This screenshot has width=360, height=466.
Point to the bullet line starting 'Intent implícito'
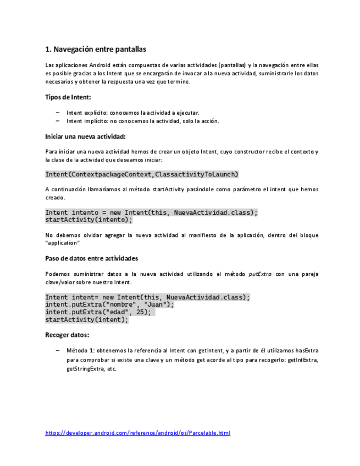[x=142, y=121]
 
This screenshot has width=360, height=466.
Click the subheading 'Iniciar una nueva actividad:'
[x=85, y=136]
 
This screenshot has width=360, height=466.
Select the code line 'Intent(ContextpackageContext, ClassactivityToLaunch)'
[x=142, y=174]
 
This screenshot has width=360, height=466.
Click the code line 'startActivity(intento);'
[x=88, y=219]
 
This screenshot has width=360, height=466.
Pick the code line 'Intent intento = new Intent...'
[x=151, y=213]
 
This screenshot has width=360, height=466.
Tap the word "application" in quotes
[x=62, y=243]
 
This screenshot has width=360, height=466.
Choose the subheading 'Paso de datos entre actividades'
[x=91, y=258]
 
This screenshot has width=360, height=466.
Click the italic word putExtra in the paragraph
[x=260, y=274]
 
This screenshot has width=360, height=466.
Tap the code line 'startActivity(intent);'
[x=86, y=319]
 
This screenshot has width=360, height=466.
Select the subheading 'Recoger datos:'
[x=67, y=334]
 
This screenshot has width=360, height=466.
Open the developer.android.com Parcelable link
[x=137, y=433]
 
